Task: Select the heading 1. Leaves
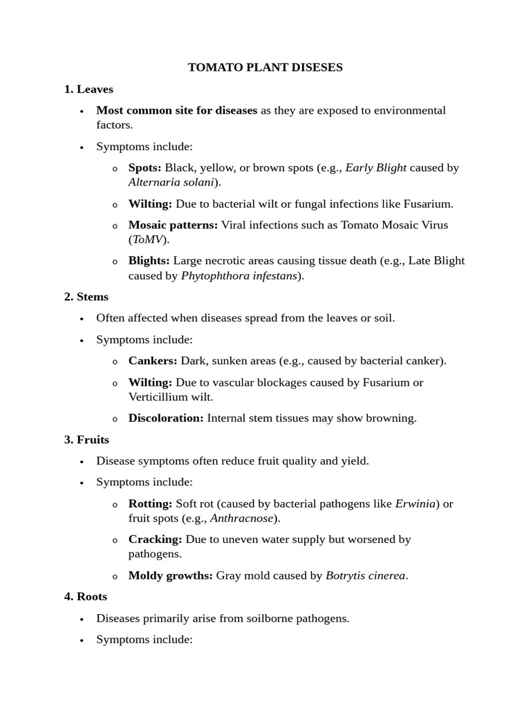[88, 89]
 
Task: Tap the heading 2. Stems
[86, 296]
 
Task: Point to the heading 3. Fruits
[86, 439]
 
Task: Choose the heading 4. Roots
[86, 596]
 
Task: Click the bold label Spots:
[145, 168]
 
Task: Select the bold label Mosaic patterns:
[173, 225]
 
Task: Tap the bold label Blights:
[149, 260]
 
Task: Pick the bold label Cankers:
[153, 360]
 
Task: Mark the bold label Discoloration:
[166, 418]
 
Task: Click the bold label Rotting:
[150, 503]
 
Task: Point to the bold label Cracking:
[155, 539]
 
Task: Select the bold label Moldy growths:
[170, 575]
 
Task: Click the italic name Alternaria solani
[171, 182]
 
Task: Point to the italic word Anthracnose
[241, 518]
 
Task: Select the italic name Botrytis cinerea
[365, 575]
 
